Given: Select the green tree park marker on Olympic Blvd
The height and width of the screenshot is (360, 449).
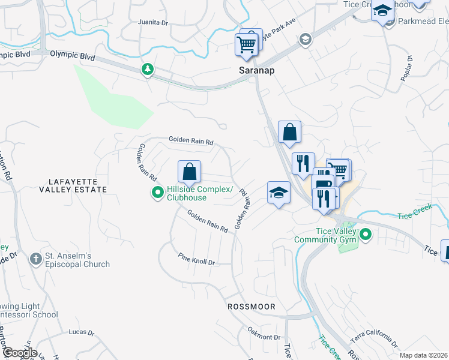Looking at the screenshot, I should click(x=147, y=70).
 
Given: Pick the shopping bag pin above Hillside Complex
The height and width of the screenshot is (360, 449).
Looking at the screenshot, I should click(x=189, y=172).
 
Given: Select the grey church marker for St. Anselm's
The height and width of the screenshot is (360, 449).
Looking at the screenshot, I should click(x=36, y=260).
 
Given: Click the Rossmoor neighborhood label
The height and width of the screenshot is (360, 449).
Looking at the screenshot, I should click(x=251, y=307).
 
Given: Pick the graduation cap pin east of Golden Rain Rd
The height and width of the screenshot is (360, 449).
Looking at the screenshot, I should click(x=279, y=194).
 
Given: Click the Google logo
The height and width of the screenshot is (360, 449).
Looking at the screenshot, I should click(x=19, y=353).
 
